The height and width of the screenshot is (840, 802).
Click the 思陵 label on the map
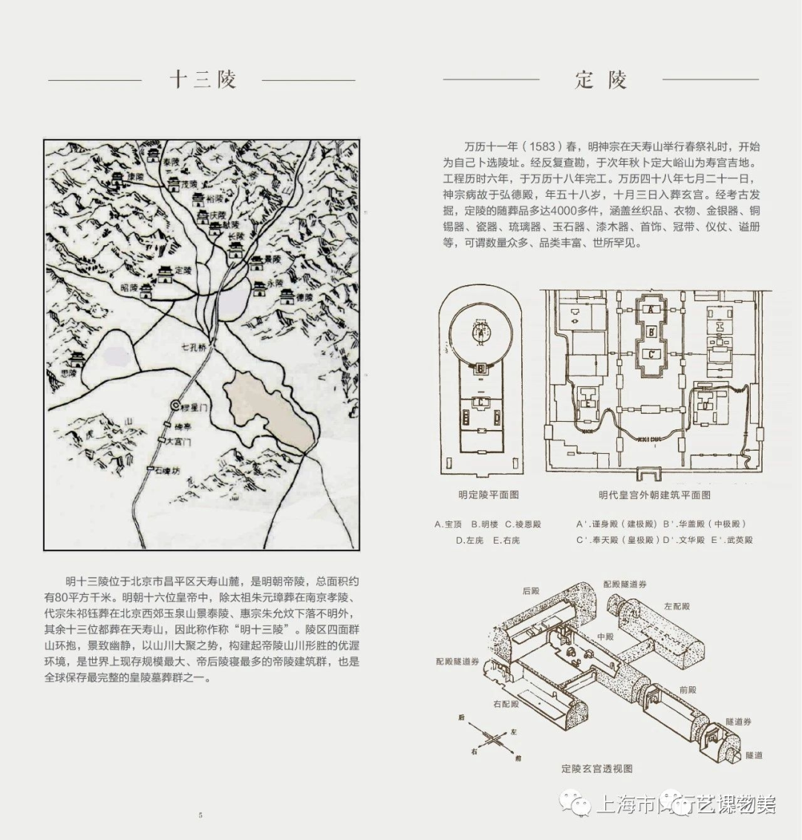(68, 373)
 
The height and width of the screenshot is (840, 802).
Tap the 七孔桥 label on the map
(193, 347)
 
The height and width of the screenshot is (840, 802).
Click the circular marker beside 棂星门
(175, 406)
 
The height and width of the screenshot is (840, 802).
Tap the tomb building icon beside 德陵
(287, 296)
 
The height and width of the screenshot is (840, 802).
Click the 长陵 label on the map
(236, 238)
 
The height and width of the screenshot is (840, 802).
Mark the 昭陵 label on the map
(128, 287)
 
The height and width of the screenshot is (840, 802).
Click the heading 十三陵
(202, 79)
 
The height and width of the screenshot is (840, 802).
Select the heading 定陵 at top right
(601, 79)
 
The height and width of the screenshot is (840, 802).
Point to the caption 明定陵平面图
(488, 495)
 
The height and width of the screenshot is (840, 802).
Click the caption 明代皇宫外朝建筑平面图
(654, 495)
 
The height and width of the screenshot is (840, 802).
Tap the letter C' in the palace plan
(651, 354)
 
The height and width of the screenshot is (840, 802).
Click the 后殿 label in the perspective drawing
(530, 591)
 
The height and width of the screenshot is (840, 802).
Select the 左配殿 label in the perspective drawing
(677, 607)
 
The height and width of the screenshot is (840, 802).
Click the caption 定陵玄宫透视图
(596, 769)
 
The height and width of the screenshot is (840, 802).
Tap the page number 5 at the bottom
(200, 815)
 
